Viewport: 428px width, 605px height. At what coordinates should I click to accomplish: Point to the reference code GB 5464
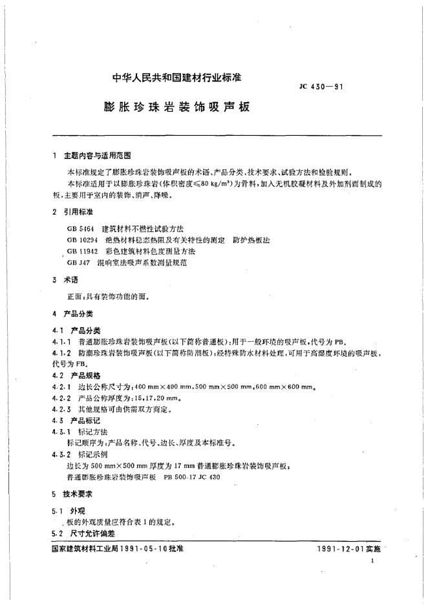80,229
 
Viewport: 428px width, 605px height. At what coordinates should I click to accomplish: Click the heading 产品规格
83,376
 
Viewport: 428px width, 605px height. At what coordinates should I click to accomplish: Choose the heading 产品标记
83,420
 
